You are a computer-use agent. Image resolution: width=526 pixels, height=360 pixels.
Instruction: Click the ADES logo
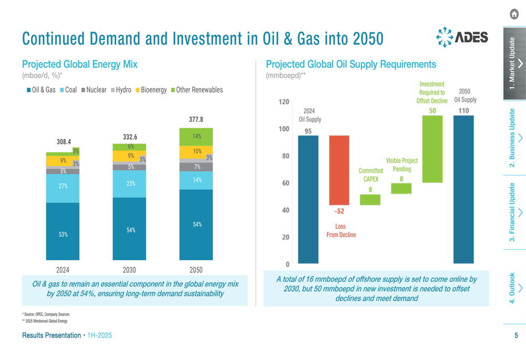pos(462,38)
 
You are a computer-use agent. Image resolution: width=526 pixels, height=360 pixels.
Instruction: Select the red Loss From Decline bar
pos(339,170)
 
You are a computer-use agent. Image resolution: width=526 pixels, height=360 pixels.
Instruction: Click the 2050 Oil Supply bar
pos(463,189)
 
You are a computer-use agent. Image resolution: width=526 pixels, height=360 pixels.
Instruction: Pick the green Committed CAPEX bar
pos(370,200)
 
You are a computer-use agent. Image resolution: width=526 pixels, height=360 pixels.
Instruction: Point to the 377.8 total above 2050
pos(196,120)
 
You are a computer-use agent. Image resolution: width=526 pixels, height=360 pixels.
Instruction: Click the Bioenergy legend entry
pos(152,90)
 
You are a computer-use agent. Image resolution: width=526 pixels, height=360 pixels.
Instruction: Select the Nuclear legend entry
pos(94,90)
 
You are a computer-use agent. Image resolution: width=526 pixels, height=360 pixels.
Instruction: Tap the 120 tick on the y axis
pos(284,101)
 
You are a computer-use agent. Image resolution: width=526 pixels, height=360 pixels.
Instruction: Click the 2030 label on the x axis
pos(129,270)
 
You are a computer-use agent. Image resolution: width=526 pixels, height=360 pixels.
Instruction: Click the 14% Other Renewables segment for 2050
pos(196,137)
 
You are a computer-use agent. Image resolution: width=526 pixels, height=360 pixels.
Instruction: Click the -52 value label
pos(339,211)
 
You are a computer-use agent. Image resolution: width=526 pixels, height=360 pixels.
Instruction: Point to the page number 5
pos(516,335)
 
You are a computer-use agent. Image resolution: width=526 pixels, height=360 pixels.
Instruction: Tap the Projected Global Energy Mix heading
pos(79,64)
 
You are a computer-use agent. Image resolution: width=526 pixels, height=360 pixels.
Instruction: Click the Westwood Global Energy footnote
pos(45,321)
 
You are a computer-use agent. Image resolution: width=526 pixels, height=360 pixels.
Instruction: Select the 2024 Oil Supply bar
pos(308,200)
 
